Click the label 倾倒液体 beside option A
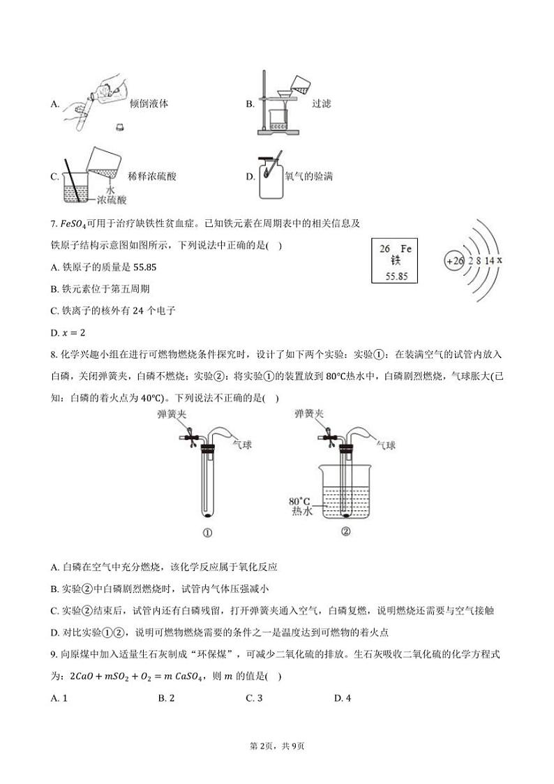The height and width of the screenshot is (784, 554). tap(149, 104)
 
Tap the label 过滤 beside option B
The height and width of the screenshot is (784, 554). tap(321, 104)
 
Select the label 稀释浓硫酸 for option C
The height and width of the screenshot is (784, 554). tap(153, 177)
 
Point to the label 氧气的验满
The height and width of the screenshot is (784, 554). tap(308, 177)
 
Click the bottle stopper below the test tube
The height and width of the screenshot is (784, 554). tap(120, 128)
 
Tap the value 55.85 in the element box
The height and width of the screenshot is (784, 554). tap(396, 276)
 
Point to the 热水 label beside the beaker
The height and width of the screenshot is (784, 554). tap(301, 512)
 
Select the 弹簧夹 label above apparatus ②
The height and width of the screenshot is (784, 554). tap(309, 414)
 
